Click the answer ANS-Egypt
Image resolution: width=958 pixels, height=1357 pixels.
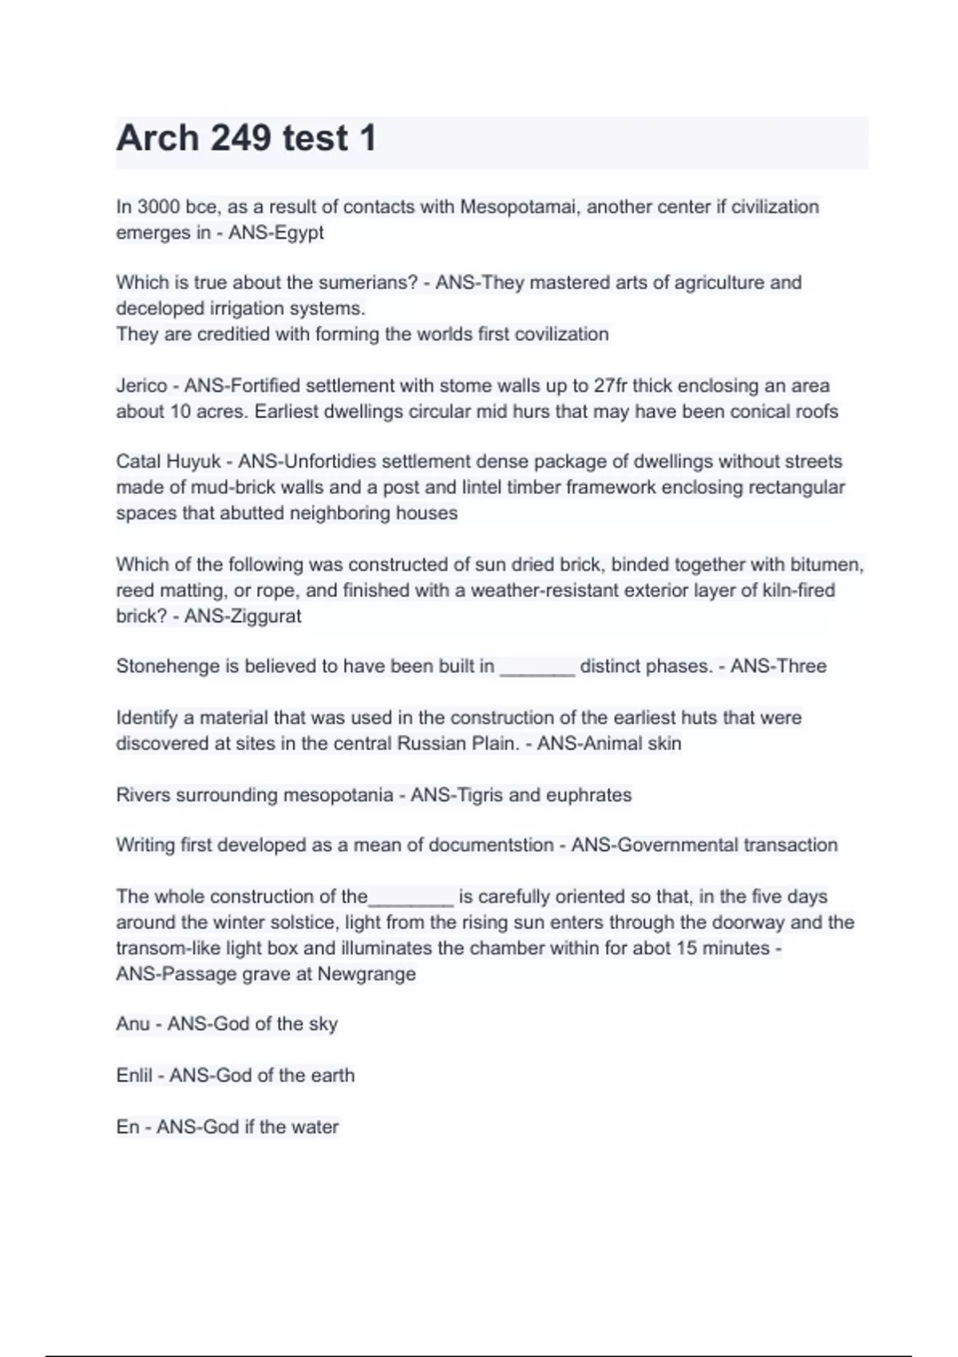point(276,233)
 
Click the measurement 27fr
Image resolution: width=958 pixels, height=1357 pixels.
point(611,386)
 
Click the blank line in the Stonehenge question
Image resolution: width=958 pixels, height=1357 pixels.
point(537,671)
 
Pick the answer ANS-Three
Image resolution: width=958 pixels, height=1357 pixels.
point(778,667)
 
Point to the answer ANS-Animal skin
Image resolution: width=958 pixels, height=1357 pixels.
point(609,744)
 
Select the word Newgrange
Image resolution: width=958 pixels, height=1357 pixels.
point(366,974)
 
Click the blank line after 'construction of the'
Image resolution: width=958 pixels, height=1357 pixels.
point(411,901)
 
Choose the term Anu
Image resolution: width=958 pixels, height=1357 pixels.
point(133,1024)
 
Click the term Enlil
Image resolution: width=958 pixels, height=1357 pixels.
point(134,1075)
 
